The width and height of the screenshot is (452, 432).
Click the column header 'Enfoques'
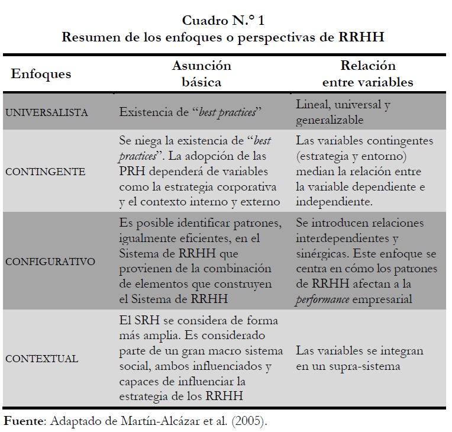(41, 74)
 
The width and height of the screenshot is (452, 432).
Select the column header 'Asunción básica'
(201, 73)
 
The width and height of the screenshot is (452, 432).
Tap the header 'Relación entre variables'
(367, 73)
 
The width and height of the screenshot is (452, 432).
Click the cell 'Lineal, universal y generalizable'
(343, 111)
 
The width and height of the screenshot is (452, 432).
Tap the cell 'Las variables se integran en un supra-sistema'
(360, 359)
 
